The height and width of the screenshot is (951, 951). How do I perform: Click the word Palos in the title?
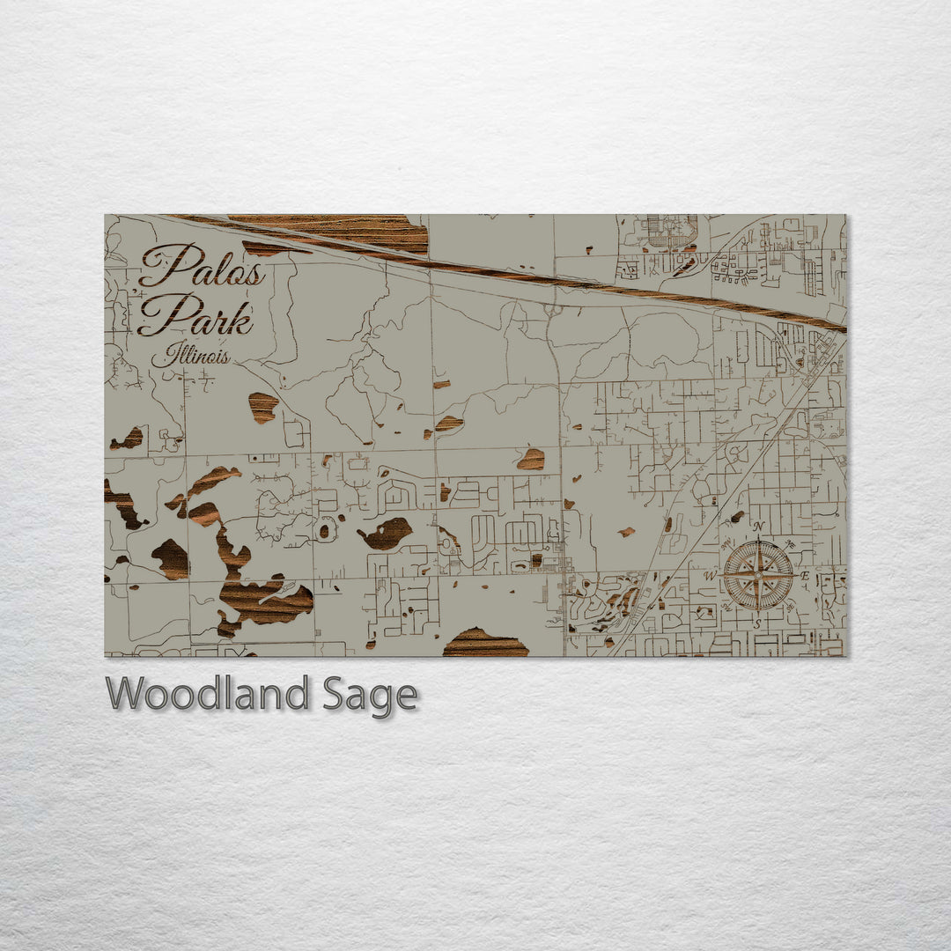[203, 265]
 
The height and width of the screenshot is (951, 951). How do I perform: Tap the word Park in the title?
[195, 315]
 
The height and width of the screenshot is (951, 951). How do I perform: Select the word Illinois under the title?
[190, 356]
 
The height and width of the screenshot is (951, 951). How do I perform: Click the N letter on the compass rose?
[757, 527]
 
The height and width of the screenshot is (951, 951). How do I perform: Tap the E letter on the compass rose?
[805, 576]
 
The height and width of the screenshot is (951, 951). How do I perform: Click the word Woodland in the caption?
[208, 694]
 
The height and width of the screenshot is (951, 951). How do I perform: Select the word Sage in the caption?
[368, 694]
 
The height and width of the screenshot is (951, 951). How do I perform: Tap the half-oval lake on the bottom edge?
[484, 644]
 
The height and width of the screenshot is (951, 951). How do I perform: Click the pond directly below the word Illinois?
[262, 406]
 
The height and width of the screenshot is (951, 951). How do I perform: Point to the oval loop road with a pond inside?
[327, 530]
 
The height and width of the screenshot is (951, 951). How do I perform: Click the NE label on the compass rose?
[790, 542]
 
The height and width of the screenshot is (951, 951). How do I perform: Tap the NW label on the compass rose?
[725, 542]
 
